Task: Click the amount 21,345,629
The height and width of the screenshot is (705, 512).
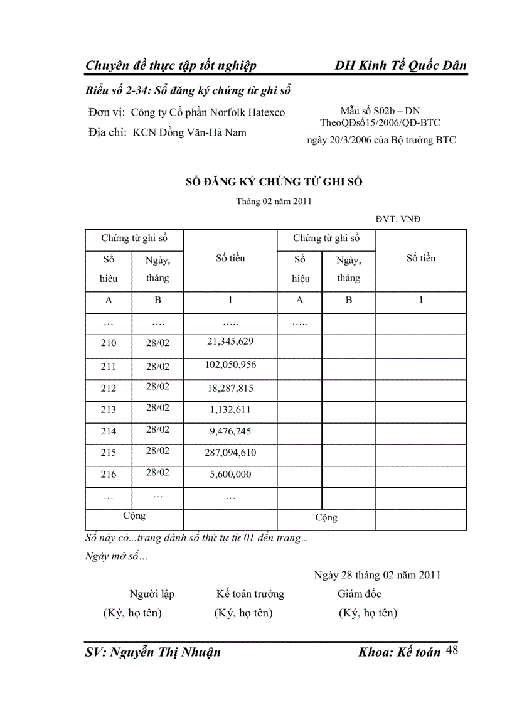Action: tap(230, 342)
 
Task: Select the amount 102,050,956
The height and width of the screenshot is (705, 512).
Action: tap(230, 365)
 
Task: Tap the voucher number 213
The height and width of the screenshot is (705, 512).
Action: tap(109, 410)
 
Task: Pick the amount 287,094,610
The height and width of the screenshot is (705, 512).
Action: tap(230, 453)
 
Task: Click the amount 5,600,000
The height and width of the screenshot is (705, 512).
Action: tap(230, 475)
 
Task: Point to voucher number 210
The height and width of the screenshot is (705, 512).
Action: tap(109, 343)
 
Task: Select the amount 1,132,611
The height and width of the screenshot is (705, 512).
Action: tap(230, 410)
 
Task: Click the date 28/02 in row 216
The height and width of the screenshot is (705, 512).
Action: tap(157, 472)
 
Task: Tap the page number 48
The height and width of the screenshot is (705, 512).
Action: tap(452, 650)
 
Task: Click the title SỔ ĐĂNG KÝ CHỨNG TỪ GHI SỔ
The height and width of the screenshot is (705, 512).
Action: tap(274, 181)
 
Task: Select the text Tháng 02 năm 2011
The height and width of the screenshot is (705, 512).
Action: tap(274, 202)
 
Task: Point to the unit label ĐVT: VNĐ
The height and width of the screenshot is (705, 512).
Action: tap(398, 219)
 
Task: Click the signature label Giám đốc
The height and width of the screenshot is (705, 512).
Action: tap(359, 594)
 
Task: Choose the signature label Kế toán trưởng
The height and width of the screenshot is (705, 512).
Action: tap(250, 594)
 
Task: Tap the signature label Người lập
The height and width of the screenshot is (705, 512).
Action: tap(152, 594)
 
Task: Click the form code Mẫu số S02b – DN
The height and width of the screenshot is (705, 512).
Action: tap(380, 111)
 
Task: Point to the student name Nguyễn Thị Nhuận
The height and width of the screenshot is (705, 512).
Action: tap(152, 652)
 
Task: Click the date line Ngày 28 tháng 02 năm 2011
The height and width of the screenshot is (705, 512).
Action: tap(377, 574)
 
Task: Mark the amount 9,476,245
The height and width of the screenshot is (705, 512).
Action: tap(230, 431)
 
